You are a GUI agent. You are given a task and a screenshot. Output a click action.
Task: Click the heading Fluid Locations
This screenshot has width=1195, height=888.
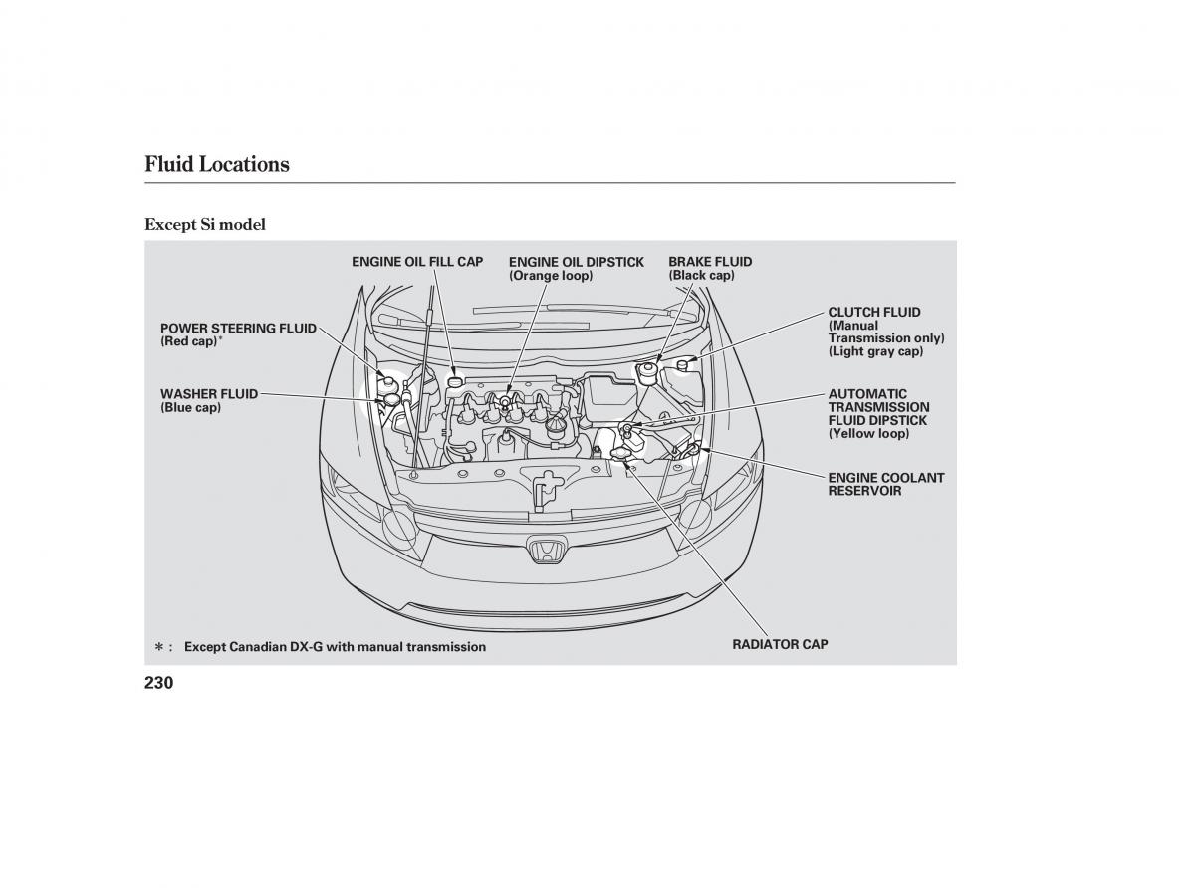(x=217, y=164)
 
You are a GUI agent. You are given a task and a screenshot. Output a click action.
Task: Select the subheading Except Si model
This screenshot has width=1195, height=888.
(x=205, y=224)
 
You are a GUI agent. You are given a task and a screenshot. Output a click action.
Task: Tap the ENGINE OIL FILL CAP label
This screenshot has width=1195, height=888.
(x=417, y=262)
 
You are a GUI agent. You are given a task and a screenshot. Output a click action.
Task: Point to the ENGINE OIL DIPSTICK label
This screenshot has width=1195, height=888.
(x=576, y=262)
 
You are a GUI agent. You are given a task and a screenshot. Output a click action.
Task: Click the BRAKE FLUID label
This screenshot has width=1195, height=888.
(x=710, y=262)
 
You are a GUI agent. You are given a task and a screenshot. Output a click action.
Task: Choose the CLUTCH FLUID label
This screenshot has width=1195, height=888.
(x=873, y=312)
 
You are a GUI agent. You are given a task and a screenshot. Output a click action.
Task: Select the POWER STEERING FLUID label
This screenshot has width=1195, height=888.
(x=238, y=328)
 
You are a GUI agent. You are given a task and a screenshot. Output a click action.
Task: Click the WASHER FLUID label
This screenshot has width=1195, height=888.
(x=208, y=394)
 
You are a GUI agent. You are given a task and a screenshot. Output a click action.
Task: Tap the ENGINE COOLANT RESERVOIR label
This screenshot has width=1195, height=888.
(x=885, y=484)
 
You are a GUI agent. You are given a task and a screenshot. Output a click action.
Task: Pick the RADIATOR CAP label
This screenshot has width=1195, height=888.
(x=780, y=644)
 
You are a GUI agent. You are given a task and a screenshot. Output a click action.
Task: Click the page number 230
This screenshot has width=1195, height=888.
(x=159, y=683)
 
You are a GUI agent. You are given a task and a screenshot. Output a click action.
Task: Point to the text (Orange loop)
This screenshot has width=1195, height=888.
(x=550, y=276)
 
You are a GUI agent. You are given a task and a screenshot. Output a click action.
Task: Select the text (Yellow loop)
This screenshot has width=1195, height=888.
(x=868, y=434)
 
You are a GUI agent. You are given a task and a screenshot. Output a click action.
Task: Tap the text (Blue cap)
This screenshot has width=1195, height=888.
(x=190, y=408)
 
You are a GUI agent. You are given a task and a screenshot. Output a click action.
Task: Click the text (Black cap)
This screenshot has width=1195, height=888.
(x=701, y=276)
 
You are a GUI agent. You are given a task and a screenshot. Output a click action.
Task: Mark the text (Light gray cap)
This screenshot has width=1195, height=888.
(x=875, y=351)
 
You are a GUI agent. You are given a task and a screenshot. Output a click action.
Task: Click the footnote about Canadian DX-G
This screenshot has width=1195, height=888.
(x=335, y=647)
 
